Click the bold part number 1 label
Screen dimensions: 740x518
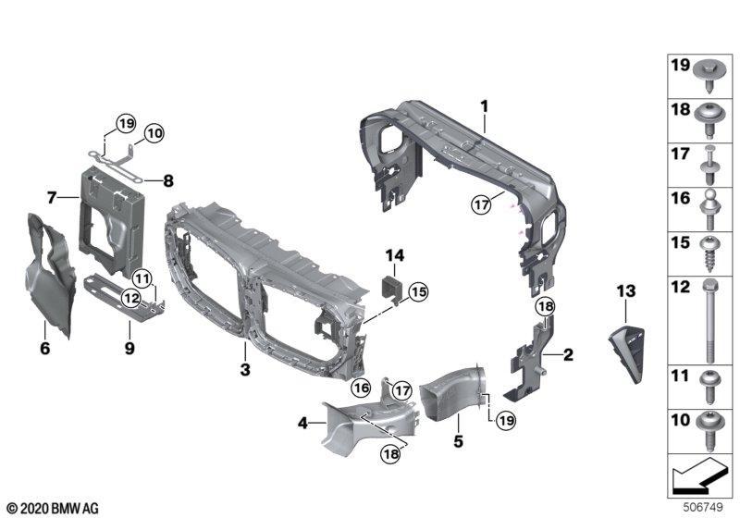click(484, 106)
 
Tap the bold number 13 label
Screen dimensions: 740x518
click(626, 291)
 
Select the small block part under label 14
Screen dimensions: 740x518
click(391, 289)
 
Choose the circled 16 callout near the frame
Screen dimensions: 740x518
click(361, 388)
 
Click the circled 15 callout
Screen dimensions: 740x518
click(418, 292)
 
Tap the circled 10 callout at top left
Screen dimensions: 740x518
click(154, 133)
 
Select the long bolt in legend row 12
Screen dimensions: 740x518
click(710, 320)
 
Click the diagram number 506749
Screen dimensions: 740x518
click(703, 508)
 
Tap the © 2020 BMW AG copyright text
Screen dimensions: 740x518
click(53, 509)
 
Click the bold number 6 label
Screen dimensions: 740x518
click(44, 348)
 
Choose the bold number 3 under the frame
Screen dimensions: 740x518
click(245, 369)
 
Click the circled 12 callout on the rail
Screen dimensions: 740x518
click(130, 298)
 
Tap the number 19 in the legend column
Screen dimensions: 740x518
click(681, 65)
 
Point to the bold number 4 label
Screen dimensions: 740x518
click(302, 423)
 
